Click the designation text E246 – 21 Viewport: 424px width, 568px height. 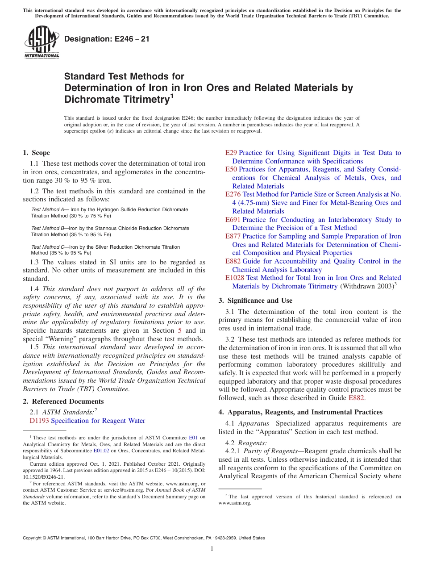[107, 39]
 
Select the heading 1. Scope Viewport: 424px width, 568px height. [36, 153]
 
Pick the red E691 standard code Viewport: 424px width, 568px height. [233, 220]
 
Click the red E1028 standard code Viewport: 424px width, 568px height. [235, 278]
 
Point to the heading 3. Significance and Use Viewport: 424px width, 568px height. [255, 301]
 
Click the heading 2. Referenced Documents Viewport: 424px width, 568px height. [63, 401]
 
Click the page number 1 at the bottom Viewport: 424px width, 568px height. [212, 549]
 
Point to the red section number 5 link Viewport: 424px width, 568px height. [180, 330]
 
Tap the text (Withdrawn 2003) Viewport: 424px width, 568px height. [366, 286]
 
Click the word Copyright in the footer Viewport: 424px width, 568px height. [32, 538]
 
